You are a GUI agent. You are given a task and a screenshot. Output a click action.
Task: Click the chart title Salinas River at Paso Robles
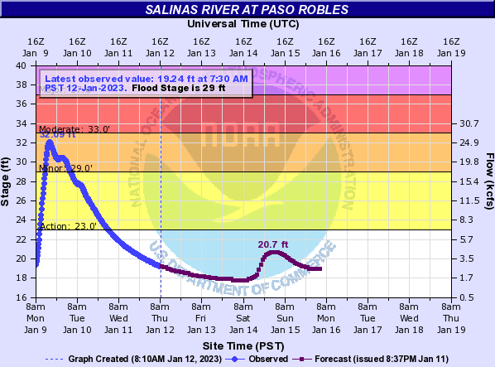click(247, 10)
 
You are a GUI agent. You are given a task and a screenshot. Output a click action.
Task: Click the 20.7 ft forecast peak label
click(272, 244)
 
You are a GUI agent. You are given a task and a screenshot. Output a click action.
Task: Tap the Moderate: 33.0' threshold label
click(74, 129)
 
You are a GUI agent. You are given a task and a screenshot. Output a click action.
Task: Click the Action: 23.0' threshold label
click(68, 225)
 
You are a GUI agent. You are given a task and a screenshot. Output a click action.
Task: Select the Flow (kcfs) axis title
click(488, 181)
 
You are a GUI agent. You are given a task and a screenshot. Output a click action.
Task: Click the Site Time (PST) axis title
click(243, 344)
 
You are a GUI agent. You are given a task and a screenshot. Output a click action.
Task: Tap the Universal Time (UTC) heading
click(243, 24)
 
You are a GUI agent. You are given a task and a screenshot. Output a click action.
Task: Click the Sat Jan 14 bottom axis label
click(243, 317)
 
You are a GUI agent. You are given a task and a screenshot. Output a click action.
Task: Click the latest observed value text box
click(144, 83)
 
